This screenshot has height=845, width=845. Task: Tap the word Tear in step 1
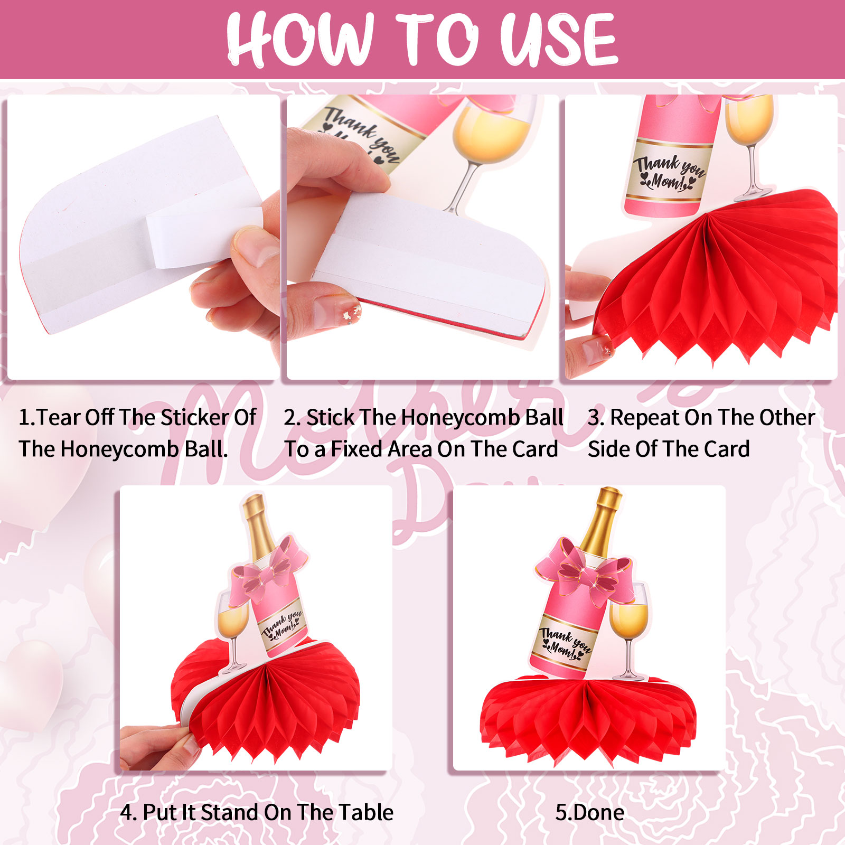(58, 417)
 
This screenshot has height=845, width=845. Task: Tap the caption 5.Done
(590, 812)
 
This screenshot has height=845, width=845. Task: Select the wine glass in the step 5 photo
(628, 631)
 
